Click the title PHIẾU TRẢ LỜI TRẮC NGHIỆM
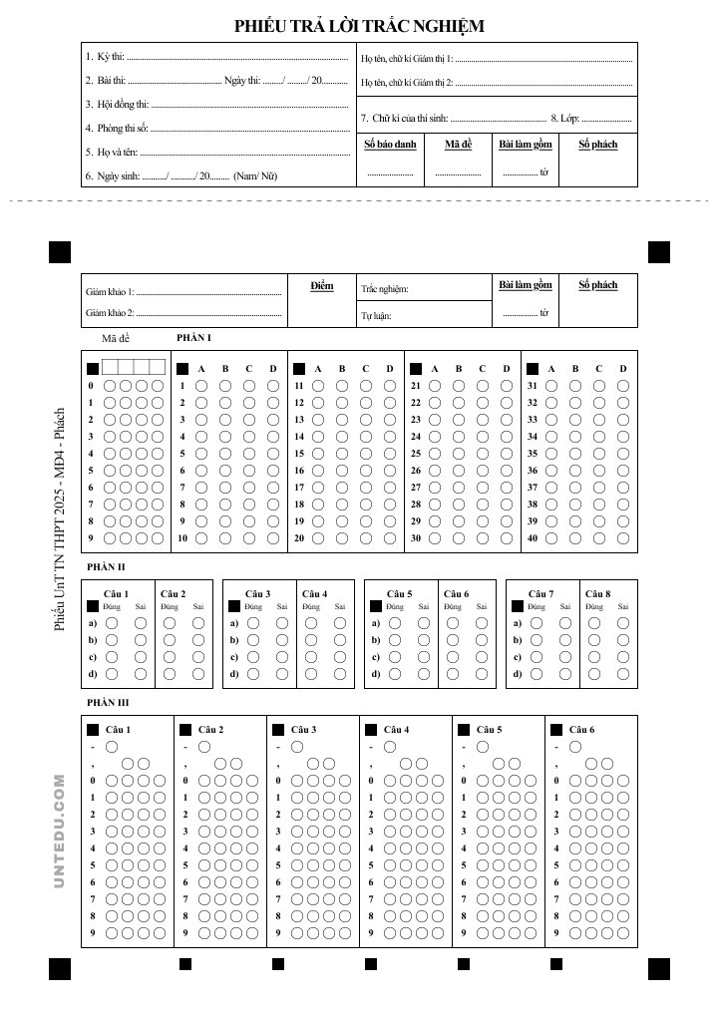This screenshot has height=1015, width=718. coord(359,26)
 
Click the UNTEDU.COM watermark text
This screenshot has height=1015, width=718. coord(60,832)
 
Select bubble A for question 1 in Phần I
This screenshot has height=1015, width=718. coord(201,386)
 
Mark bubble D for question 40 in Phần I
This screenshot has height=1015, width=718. coord(623,538)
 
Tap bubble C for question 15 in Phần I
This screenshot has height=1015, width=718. coord(366,454)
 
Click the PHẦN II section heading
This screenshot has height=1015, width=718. coord(107,566)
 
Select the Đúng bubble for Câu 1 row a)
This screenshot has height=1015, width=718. coord(111,623)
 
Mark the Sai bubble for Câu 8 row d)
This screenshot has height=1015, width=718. coord(623,674)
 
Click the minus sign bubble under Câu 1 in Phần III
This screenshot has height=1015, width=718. coord(111,746)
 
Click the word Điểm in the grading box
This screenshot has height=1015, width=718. coord(322,286)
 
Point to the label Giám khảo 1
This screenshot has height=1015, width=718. coord(110,292)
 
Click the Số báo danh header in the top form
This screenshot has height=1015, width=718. coord(390,145)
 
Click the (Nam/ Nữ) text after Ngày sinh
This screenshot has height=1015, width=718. coord(255,175)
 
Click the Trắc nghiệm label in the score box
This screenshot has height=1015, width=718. coord(385,290)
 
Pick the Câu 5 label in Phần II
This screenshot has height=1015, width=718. coord(400,594)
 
